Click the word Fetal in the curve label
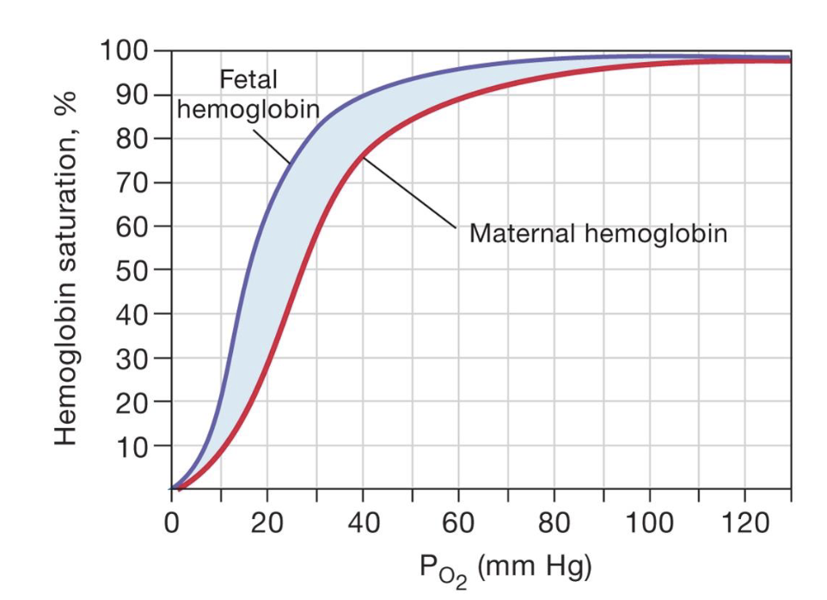click(249, 80)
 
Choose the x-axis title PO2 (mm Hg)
click(505, 567)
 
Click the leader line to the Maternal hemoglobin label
click(409, 191)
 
